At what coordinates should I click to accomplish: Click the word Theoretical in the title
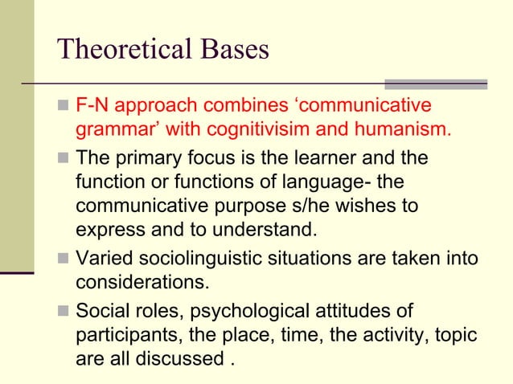pyautogui.click(x=121, y=50)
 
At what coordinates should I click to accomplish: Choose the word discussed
pyautogui.click(x=178, y=358)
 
